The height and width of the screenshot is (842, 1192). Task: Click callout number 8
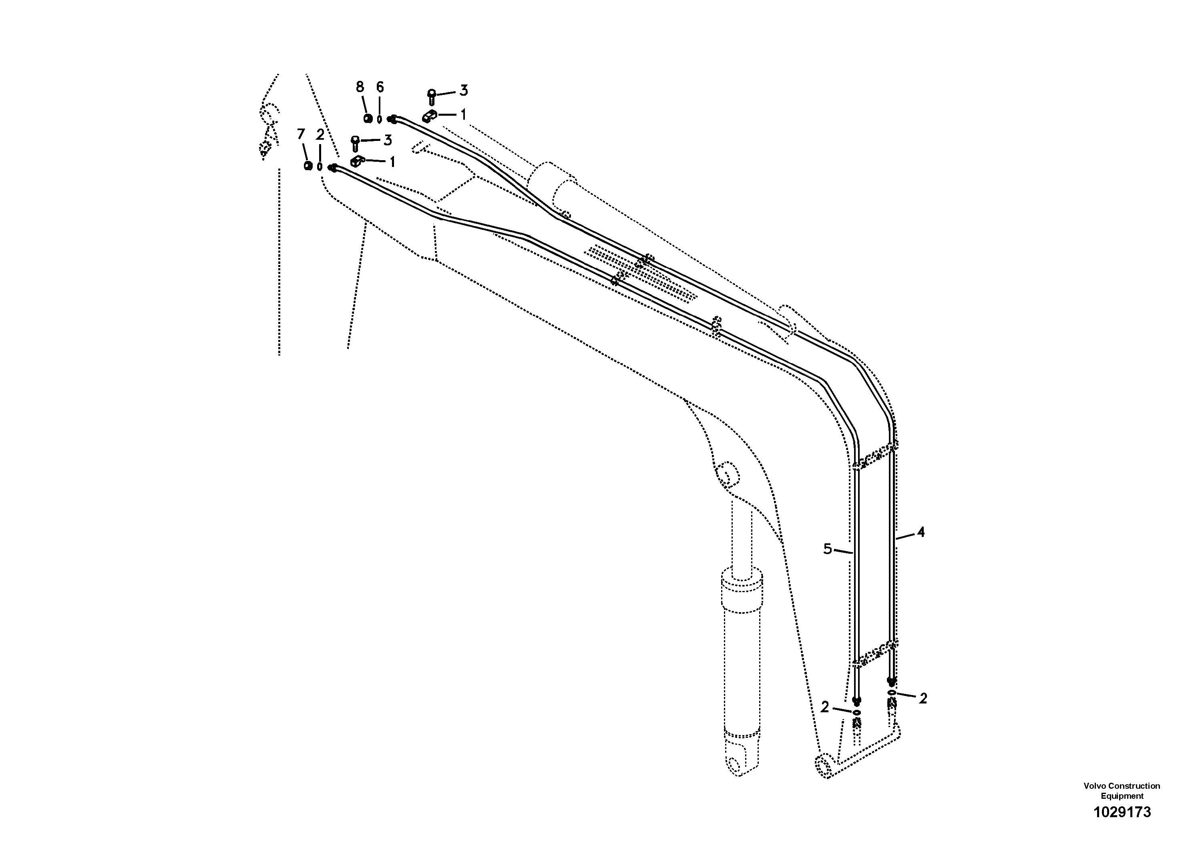coord(360,87)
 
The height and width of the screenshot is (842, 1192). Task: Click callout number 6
coord(380,87)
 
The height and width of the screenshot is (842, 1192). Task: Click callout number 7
coord(301,135)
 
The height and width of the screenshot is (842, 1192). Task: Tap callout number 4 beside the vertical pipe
coord(921,532)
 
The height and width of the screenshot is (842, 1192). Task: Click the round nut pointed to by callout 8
coord(368,119)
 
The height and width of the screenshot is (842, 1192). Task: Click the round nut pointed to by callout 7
coord(308,166)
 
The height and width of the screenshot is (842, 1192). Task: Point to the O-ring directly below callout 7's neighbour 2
coord(320,167)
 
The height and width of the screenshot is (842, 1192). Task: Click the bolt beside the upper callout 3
coord(431,96)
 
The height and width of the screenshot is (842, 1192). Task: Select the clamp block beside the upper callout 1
coord(429,116)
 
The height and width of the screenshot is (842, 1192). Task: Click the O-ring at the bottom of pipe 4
coord(891,693)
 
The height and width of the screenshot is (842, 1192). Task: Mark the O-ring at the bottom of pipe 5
coord(856,712)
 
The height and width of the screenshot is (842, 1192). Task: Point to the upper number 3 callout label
coord(464,90)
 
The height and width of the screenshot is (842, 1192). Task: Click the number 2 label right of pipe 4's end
coord(923,699)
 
